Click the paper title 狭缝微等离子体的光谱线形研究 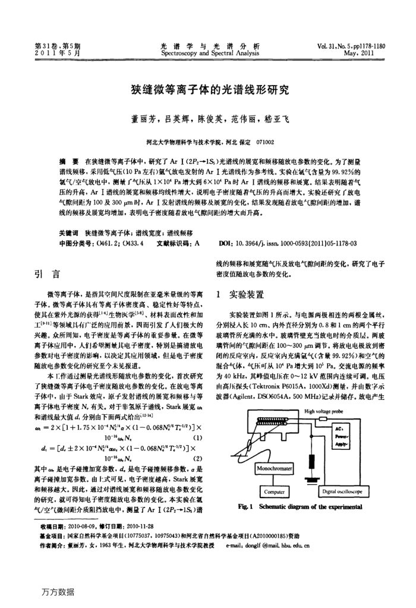(x=208, y=90)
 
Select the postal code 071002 (x=263, y=143)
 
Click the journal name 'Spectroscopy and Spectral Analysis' (x=207, y=52)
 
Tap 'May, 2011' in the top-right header (x=363, y=52)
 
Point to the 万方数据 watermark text (x=58, y=592)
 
